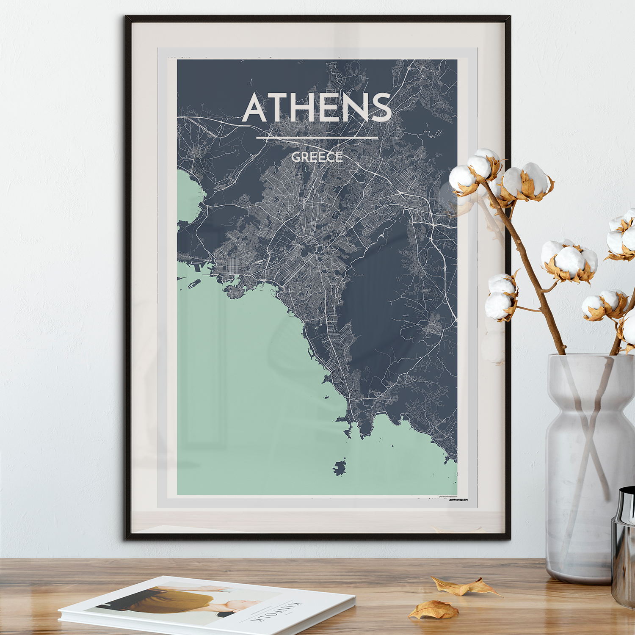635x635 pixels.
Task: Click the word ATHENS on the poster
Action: pyautogui.click(x=317, y=108)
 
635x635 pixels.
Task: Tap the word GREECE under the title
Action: pyautogui.click(x=317, y=157)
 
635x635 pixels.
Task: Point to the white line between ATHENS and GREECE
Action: pyautogui.click(x=317, y=138)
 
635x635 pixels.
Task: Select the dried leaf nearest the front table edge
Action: pyautogui.click(x=433, y=610)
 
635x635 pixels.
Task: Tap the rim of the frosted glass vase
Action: pyautogui.click(x=591, y=356)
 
